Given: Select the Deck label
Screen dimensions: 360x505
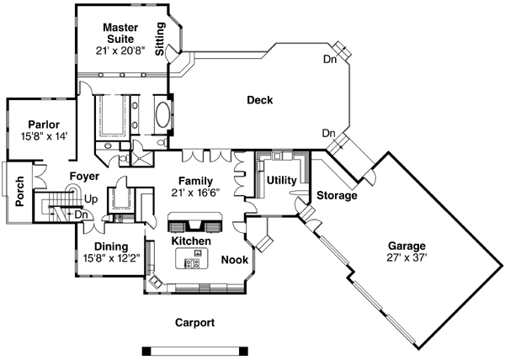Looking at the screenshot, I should click(259, 101).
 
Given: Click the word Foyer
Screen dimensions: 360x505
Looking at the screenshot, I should click(85, 177).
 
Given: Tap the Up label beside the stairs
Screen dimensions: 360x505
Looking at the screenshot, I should click(90, 199).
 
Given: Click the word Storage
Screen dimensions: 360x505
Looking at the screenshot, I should click(337, 195).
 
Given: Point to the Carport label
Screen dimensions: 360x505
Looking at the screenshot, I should click(194, 322).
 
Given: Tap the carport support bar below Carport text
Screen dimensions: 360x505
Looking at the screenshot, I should click(195, 348).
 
